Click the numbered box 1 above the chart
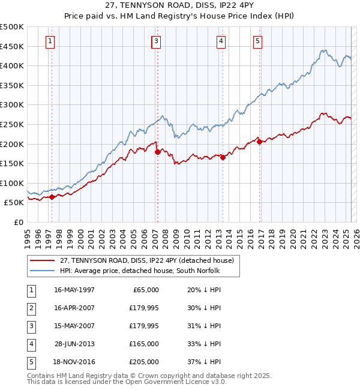click(50, 41)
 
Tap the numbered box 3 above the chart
click(156, 41)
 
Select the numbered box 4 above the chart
click(221, 41)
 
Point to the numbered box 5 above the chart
click(257, 41)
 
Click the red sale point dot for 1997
click(52, 196)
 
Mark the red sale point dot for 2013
click(223, 158)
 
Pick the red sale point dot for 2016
click(259, 142)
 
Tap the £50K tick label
click(14, 203)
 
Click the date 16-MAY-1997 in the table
click(74, 290)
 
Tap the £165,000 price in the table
click(145, 344)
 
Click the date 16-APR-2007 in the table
click(74, 308)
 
